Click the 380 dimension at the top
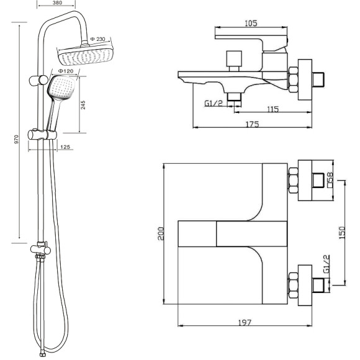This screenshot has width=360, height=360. tap(57, 2)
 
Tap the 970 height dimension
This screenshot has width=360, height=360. tap(16, 140)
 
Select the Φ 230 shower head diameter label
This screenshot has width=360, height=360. tap(98, 39)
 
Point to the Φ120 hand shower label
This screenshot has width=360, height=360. tap(66, 71)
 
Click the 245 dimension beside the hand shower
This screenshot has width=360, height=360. tap(83, 105)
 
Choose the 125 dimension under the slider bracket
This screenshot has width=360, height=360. tap(65, 146)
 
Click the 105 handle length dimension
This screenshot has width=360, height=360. tap(251, 23)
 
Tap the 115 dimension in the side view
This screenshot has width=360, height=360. tap(272, 109)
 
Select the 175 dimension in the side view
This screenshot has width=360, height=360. tap(253, 124)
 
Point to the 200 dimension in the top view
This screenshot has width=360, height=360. tap(161, 233)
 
